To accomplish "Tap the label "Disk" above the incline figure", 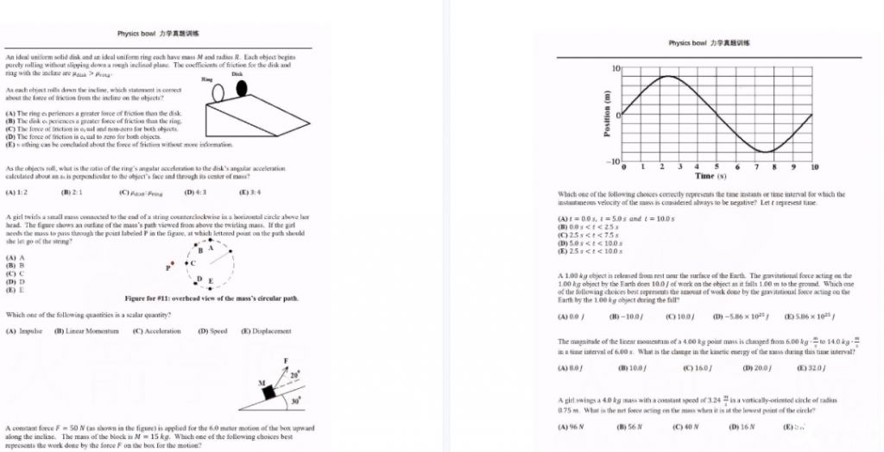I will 237,74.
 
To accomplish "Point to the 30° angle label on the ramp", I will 295,403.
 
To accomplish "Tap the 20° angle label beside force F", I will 295,375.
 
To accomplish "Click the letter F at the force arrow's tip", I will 284,360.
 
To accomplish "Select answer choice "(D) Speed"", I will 213,331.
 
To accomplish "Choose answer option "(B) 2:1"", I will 71,191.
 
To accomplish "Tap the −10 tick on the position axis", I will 613,161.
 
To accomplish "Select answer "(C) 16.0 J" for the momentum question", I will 696,368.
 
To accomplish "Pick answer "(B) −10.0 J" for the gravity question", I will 632,316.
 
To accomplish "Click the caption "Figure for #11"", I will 212,298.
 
